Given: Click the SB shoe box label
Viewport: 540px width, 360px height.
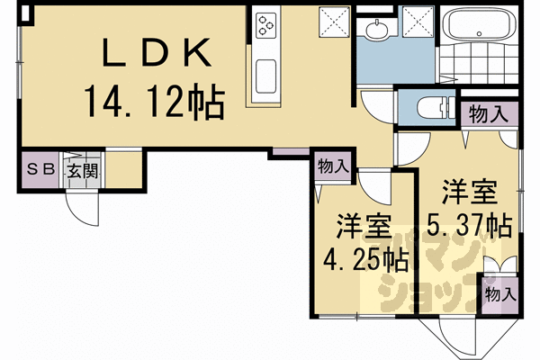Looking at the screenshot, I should click(39, 168).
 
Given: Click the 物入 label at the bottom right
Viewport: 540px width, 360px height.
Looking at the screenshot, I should click(499, 294).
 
